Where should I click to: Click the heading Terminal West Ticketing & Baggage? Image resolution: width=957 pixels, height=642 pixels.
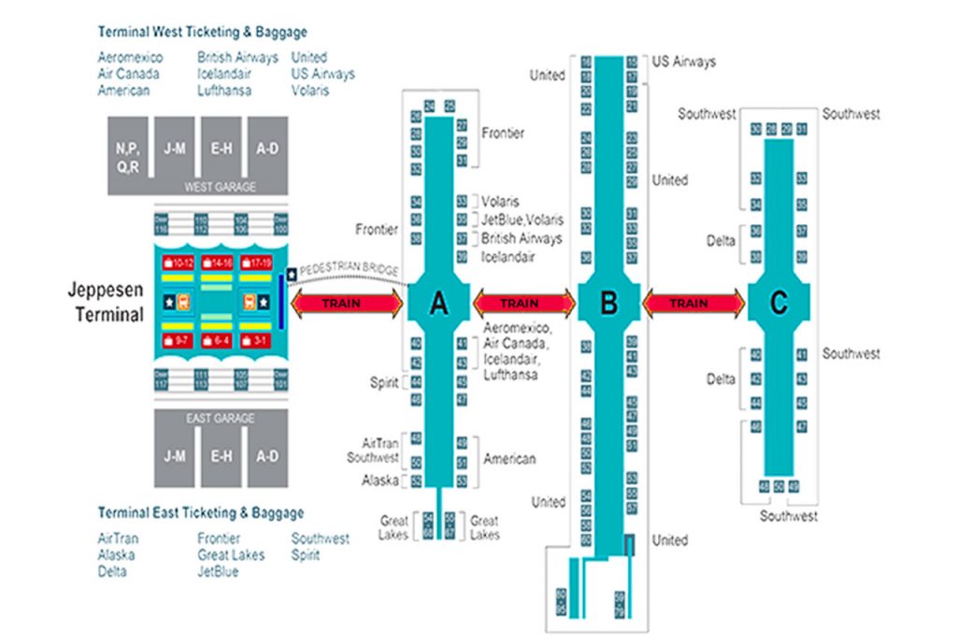click(202, 32)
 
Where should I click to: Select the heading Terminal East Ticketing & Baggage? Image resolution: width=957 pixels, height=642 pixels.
click(201, 513)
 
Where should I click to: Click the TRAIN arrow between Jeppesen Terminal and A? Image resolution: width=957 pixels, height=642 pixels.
click(347, 303)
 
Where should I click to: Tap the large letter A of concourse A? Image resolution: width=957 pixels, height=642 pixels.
click(436, 303)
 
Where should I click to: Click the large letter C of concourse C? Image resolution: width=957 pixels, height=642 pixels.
click(778, 303)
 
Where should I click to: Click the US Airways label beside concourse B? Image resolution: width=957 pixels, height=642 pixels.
click(683, 62)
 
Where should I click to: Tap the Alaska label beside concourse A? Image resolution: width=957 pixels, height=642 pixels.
click(381, 480)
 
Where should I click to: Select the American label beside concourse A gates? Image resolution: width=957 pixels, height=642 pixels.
click(509, 459)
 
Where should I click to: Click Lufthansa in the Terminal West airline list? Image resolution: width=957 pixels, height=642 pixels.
click(224, 91)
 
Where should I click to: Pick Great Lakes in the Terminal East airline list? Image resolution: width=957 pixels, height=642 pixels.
click(231, 555)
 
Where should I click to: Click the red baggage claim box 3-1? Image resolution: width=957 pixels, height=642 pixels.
click(259, 341)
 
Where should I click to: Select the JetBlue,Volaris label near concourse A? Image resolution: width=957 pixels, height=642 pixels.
click(522, 221)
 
